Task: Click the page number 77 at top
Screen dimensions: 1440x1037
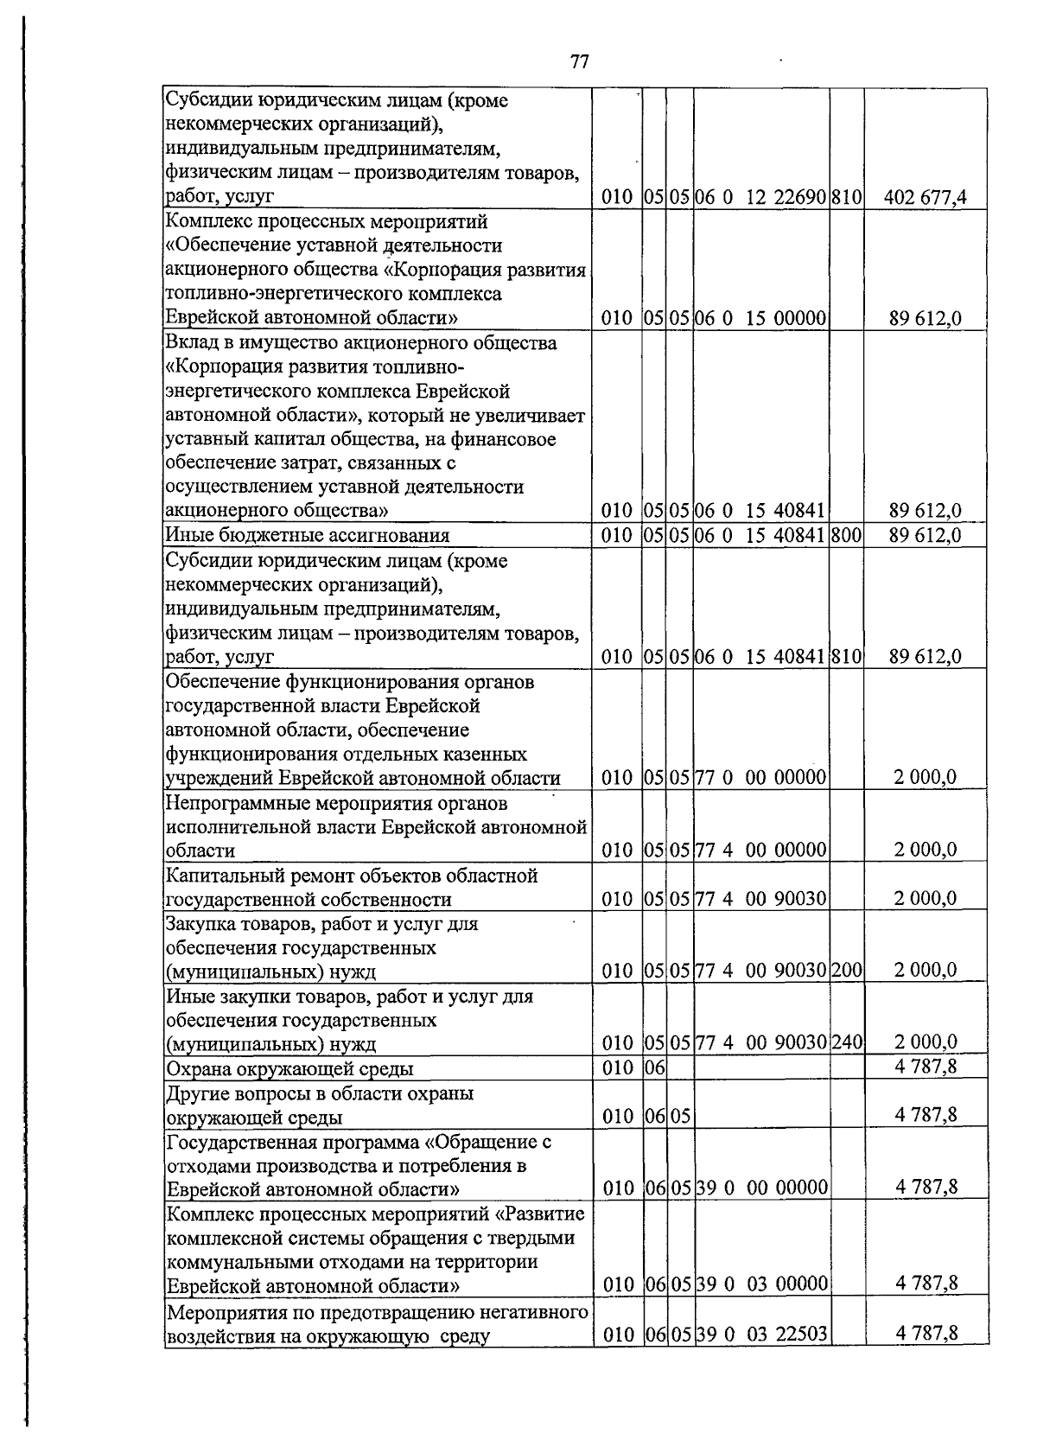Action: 580,62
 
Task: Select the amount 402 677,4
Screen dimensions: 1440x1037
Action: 925,198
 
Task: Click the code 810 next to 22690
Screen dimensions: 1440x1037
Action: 847,198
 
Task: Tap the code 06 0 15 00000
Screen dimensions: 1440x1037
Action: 761,319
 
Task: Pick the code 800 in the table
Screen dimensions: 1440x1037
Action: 847,535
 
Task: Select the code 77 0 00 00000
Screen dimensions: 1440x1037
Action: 761,777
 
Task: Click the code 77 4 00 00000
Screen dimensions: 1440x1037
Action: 761,850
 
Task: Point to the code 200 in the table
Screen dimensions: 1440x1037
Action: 847,971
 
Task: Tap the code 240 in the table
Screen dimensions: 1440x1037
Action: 847,1043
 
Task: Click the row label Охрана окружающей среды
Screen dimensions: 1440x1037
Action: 289,1069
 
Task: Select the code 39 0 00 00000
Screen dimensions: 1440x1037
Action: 761,1188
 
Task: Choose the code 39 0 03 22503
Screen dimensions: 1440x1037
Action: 761,1359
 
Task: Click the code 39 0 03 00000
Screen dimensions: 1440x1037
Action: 761,1284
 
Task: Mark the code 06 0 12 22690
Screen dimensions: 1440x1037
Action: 761,198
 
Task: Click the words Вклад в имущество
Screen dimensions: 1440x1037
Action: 245,343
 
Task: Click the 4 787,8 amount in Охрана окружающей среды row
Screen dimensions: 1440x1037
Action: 926,1067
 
